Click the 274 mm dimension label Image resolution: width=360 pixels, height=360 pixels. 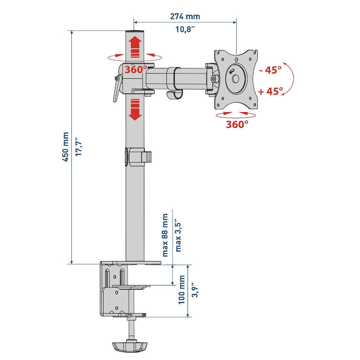point(185,16)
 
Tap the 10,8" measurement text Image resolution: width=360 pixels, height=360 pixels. point(185,30)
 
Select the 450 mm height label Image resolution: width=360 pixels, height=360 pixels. point(66,147)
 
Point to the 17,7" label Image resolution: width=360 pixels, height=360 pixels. point(79,147)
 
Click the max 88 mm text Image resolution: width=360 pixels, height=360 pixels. point(165,235)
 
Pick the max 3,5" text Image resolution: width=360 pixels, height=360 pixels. point(178,237)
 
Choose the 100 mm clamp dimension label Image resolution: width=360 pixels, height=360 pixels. point(181,290)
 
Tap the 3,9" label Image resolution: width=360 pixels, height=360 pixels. point(195,290)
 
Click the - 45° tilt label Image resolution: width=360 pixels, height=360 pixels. point(270,70)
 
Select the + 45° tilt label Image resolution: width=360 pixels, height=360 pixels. point(270,91)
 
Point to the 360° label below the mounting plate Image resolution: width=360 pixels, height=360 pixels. point(237,124)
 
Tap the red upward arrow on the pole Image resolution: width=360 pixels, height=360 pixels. point(135,46)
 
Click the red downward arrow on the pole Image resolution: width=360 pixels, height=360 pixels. point(135,110)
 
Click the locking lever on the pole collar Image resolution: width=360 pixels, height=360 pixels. point(117,89)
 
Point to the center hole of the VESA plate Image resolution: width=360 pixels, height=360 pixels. point(236,79)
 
